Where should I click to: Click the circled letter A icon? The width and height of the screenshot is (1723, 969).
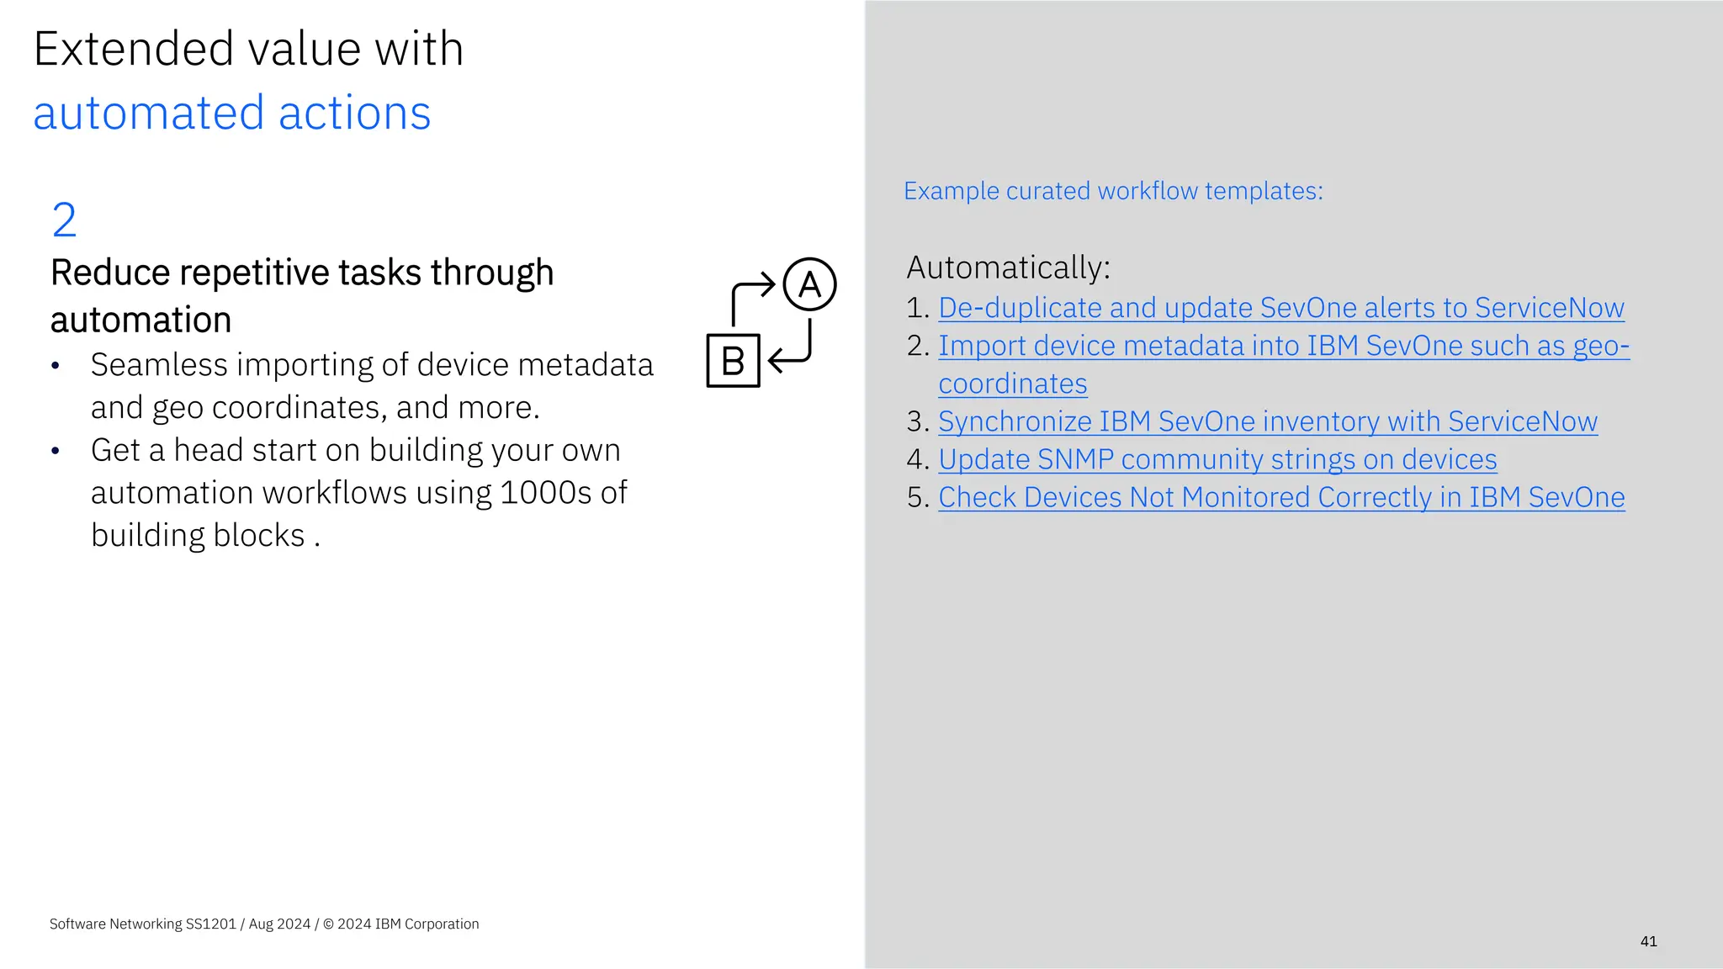pos(809,284)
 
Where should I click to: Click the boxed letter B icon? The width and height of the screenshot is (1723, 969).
pos(733,361)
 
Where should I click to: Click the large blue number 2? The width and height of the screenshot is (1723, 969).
pos(64,220)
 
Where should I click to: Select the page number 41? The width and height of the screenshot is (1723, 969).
pos(1648,941)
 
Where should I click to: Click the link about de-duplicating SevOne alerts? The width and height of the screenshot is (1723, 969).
pos(1280,308)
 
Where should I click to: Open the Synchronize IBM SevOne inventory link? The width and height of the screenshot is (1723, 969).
pos(1267,421)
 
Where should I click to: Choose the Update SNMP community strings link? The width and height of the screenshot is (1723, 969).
pos(1217,459)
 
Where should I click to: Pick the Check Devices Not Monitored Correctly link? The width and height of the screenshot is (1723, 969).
pos(1280,497)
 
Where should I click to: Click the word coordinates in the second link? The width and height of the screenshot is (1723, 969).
pos(1012,384)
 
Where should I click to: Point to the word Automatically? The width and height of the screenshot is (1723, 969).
pos(1008,267)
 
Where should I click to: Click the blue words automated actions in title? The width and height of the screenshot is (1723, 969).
pos(232,113)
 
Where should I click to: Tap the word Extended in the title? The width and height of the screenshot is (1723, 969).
pos(133,49)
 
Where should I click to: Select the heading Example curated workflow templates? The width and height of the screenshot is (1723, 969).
pos(1112,191)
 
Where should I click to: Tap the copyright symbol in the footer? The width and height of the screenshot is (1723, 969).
pos(328,924)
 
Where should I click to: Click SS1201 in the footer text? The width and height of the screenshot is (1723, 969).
pos(210,924)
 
